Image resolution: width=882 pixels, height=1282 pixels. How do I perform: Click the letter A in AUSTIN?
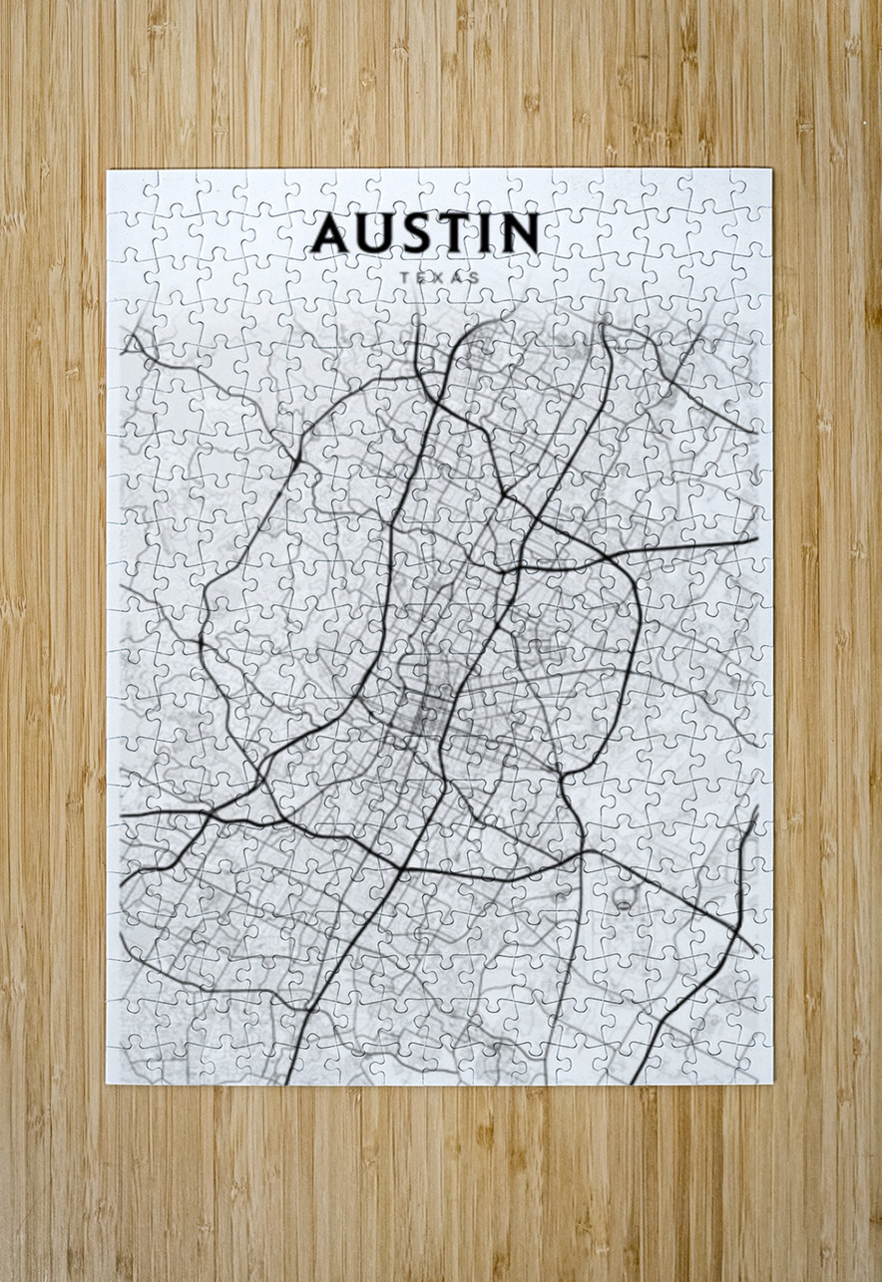tap(331, 233)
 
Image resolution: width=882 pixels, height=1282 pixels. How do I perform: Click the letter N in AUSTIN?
tap(521, 233)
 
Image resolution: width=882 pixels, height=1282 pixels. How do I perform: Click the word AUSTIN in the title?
tap(425, 233)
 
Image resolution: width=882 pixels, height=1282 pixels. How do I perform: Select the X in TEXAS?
tap(439, 277)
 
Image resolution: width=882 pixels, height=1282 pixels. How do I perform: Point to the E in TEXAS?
tap(421, 277)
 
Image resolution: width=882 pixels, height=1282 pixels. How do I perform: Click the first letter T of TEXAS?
tap(403, 277)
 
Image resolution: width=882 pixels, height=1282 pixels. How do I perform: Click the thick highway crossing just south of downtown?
tap(403, 868)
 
